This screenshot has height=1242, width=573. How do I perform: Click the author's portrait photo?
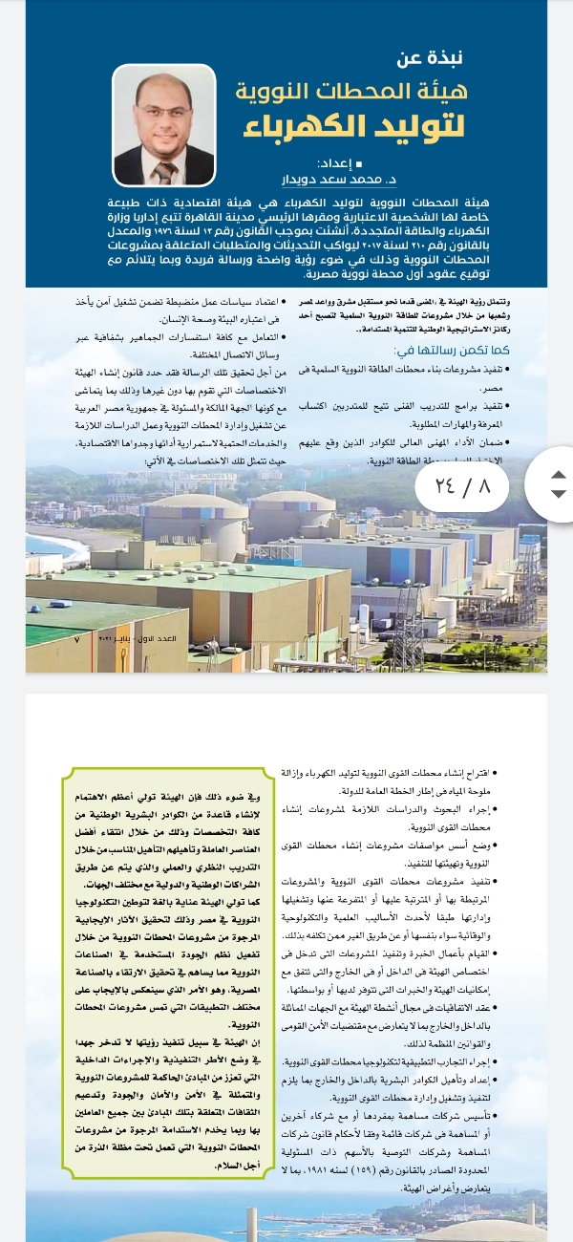(164, 124)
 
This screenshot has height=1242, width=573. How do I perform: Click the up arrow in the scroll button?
(560, 473)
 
